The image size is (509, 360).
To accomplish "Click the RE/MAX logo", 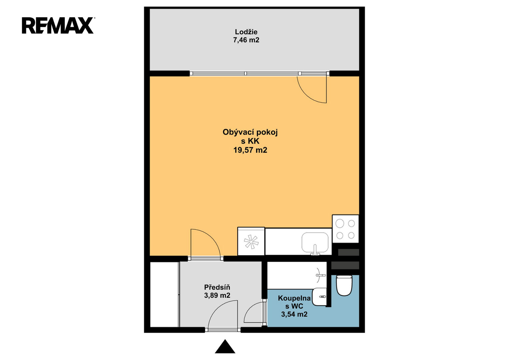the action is coord(58,25).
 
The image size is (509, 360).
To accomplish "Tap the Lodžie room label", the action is coord(246,32).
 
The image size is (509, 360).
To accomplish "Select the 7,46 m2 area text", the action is coord(246,40).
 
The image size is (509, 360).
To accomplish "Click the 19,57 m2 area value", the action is coord(250,150).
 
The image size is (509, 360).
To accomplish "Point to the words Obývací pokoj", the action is coord(250,132).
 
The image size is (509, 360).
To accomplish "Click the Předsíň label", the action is coord(217,287).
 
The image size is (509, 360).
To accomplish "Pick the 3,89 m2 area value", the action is coord(217,295).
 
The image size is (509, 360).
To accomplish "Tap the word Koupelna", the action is coord(294,298).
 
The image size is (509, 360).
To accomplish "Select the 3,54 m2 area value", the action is coord(294,314).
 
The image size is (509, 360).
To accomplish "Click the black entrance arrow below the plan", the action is coord(225,347).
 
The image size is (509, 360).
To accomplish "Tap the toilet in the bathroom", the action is coord(344,285).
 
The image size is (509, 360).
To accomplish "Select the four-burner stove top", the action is coord(345,229).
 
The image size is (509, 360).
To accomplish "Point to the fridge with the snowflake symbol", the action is coord(251,241).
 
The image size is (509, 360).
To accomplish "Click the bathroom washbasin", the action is coord(319,297).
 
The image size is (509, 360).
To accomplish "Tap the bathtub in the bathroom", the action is coord(297,275).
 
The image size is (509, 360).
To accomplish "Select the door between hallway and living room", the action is coord(205,244).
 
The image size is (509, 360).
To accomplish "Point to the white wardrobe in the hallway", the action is coord(165,294).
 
